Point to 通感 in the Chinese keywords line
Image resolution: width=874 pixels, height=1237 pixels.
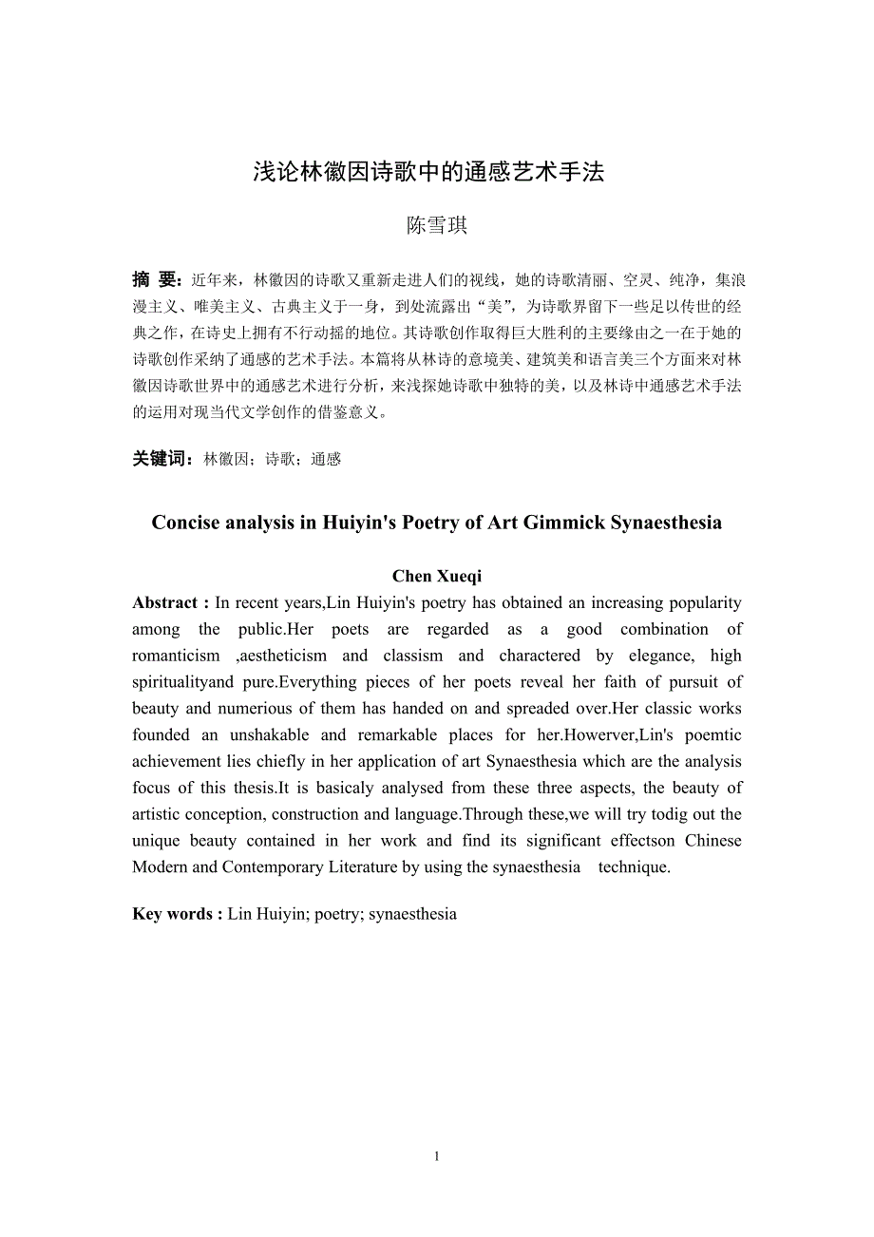[326, 459]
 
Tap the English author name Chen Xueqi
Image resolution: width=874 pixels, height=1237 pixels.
[437, 576]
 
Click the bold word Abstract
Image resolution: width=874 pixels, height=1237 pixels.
[165, 602]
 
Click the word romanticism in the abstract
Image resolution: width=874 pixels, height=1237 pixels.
[176, 656]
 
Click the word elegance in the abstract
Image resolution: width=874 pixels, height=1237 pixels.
[655, 656]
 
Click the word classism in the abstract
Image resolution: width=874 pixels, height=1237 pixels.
[413, 656]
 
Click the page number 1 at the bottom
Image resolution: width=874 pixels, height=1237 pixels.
[437, 1156]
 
